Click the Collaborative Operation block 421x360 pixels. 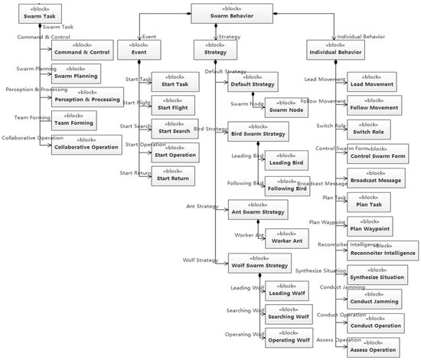click(x=86, y=144)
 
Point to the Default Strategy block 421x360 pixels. click(x=252, y=80)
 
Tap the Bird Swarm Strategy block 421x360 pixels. click(x=258, y=131)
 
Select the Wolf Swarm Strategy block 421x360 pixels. click(x=259, y=263)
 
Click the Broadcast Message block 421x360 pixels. click(x=375, y=177)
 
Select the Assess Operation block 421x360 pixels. click(x=373, y=347)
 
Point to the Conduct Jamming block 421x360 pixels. click(x=374, y=298)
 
